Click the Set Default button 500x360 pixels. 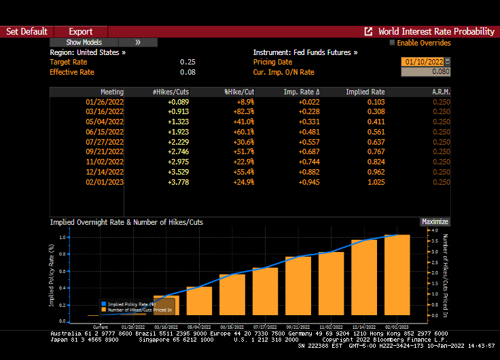click(x=26, y=31)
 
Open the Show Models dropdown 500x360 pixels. click(x=84, y=42)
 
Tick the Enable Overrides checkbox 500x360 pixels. click(x=392, y=43)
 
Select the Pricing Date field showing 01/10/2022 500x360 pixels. click(x=423, y=62)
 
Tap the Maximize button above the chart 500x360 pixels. click(x=435, y=221)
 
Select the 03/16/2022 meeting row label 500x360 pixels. click(x=105, y=111)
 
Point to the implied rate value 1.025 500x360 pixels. click(x=376, y=182)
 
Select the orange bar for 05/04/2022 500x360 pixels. click(x=199, y=302)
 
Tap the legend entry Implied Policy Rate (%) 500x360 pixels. click(x=128, y=304)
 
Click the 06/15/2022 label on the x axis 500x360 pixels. click(x=232, y=327)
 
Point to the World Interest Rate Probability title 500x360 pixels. click(x=435, y=31)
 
